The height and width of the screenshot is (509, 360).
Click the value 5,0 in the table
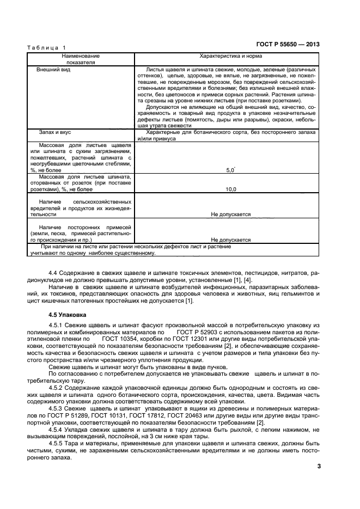(x=230, y=170)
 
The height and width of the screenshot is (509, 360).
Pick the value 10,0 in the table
(x=230, y=189)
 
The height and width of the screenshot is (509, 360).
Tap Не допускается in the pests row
(x=230, y=214)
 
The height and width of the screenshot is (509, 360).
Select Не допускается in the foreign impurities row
(x=230, y=239)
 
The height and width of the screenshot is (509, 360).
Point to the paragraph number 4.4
(x=53, y=271)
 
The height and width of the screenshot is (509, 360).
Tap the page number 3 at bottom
(x=319, y=466)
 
